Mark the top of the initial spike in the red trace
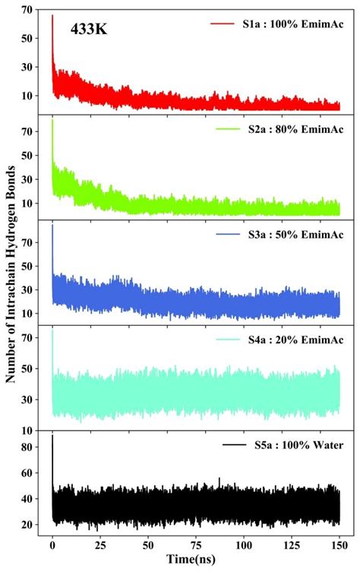52,15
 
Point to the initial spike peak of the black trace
52,435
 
